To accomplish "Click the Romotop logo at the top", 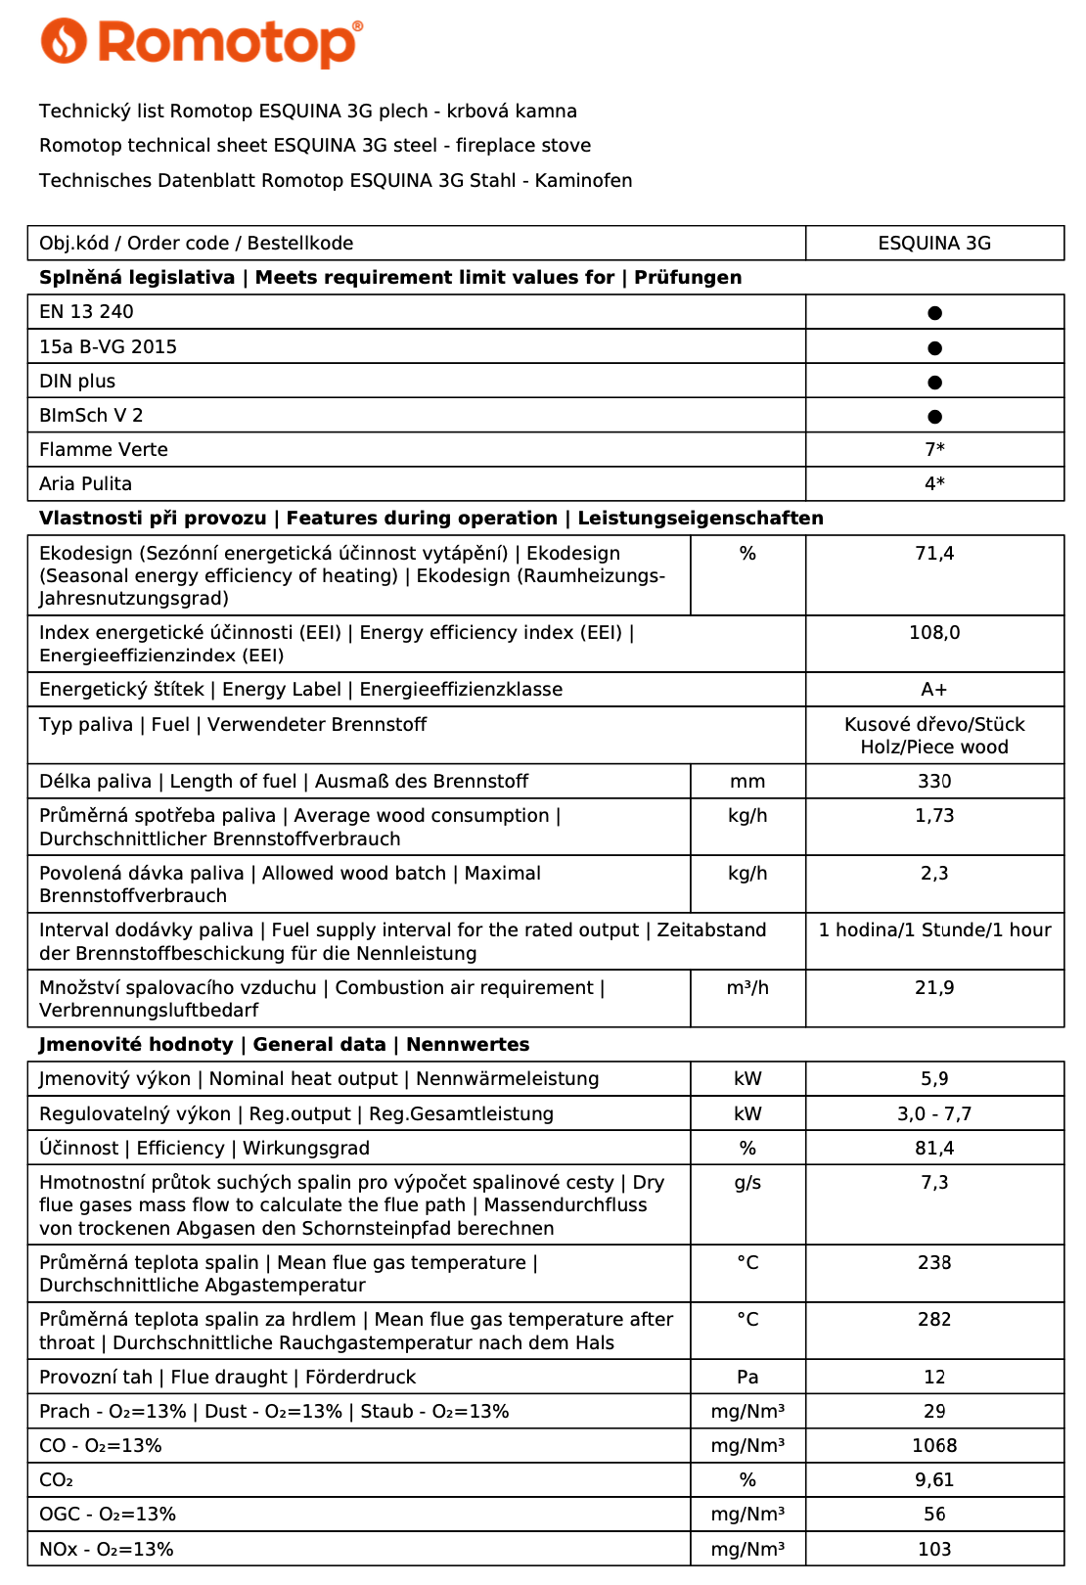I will point(201,43).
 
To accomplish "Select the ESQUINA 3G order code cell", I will point(934,244).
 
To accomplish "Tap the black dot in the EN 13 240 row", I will point(934,313).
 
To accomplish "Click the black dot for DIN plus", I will point(934,382).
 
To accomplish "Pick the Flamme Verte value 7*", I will point(934,450).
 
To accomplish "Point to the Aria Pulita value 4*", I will point(934,484).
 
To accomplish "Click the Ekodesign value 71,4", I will point(934,554).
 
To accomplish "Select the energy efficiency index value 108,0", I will point(934,633).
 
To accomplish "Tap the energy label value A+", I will point(934,690).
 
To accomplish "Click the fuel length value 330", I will point(934,782).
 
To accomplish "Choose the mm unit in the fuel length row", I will point(747,782).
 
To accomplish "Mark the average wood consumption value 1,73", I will point(934,816).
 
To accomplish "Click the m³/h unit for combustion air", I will point(747,988).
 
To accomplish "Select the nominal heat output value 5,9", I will point(934,1079).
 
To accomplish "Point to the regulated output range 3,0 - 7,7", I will point(934,1114).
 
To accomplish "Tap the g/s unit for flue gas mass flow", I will point(747,1183).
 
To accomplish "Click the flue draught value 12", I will point(934,1378).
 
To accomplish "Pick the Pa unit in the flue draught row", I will point(747,1378).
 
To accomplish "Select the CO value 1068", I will point(934,1446).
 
